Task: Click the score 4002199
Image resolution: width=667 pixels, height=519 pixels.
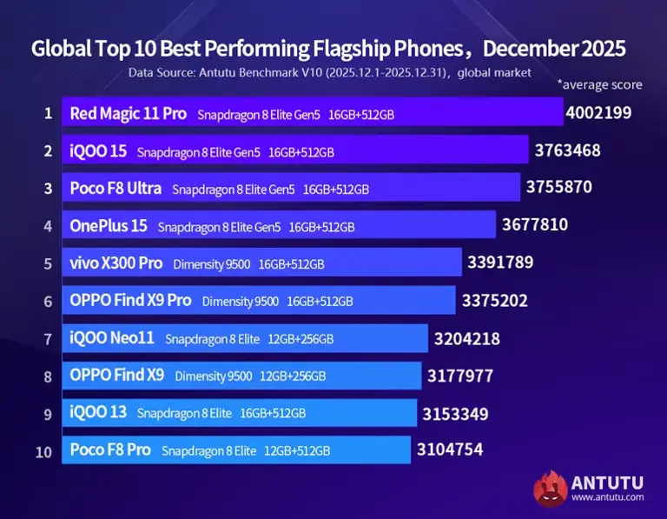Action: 598,113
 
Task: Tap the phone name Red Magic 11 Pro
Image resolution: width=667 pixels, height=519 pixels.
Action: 128,113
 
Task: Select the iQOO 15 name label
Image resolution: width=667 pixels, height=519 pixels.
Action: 98,151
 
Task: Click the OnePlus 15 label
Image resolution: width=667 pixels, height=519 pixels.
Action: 109,226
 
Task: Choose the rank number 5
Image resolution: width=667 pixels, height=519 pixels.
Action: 48,263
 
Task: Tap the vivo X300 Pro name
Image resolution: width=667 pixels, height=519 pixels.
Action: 116,263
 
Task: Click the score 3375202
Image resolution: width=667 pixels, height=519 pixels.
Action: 495,301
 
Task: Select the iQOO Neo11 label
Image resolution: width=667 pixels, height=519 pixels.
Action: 112,338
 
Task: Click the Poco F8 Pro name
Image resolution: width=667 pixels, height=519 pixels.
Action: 110,450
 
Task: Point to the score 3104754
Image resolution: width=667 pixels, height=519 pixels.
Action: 450,450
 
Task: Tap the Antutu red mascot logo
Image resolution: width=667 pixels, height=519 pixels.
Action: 550,488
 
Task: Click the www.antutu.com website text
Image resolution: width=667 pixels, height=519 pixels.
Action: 607,497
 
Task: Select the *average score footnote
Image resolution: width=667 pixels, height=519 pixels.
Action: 599,84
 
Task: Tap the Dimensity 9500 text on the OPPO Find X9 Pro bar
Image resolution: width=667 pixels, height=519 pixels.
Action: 241,302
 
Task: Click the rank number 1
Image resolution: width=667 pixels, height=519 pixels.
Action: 48,113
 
